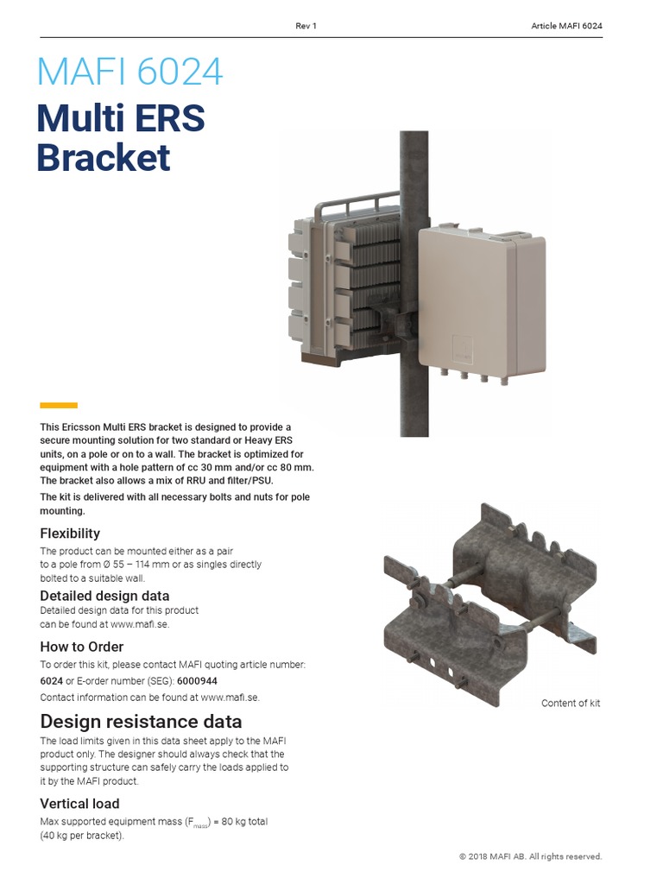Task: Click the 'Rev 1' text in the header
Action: tap(306, 26)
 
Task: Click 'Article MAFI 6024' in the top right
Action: tap(566, 26)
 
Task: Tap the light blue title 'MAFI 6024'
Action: tap(129, 72)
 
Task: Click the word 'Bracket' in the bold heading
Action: tap(104, 158)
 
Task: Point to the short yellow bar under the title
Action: tap(59, 405)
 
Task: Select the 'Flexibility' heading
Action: tap(70, 533)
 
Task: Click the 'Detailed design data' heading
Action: tap(104, 596)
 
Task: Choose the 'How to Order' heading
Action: tap(82, 647)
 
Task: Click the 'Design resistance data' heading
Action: tap(141, 721)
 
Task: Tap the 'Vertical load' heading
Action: tap(79, 804)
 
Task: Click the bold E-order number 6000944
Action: tap(198, 680)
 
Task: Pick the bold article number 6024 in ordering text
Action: tap(51, 680)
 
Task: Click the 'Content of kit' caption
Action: tap(571, 704)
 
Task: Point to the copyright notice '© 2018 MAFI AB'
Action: tap(530, 856)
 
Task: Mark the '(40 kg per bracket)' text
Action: tap(83, 836)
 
